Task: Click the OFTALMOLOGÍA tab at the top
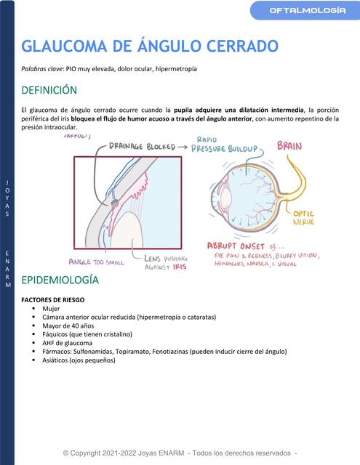click(x=308, y=10)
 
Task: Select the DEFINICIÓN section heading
click(x=49, y=91)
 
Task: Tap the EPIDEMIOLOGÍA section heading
click(x=60, y=280)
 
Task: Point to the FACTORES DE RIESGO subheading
click(x=53, y=299)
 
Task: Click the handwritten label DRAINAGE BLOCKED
click(x=142, y=146)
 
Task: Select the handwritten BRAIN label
click(x=289, y=146)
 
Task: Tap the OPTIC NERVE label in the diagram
click(x=303, y=219)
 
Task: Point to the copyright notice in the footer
click(x=180, y=453)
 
